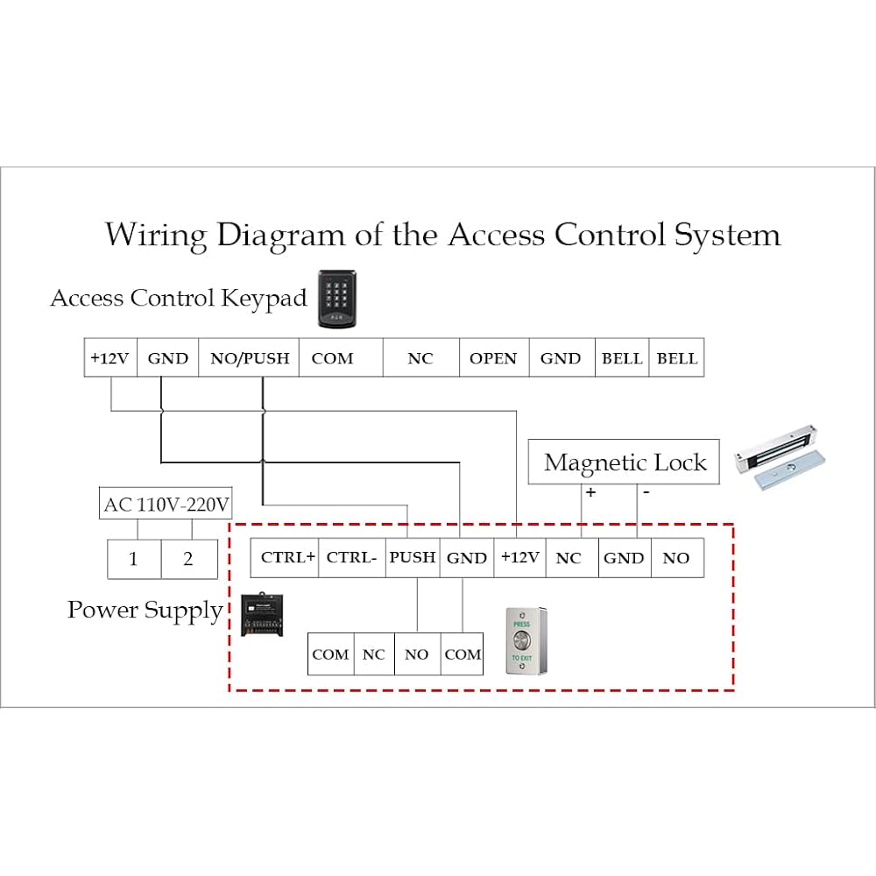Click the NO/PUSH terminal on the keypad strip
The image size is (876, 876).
coord(250,358)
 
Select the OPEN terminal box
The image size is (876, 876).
coord(493,358)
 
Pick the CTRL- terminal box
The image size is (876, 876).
coord(351,557)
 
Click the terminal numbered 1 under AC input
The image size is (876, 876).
coord(134,559)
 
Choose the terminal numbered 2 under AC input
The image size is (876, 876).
coord(188,559)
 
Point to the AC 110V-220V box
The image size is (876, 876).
coord(166,505)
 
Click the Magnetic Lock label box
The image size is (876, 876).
coord(624,463)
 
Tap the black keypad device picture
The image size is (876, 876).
coord(338,300)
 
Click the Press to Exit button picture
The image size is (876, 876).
coord(525,640)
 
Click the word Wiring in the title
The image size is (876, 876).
coord(156,235)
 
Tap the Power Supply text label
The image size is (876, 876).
coord(145,610)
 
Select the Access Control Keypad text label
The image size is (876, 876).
coord(179,298)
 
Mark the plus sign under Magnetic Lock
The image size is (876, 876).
coord(591,492)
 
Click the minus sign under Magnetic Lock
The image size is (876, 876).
coord(646,492)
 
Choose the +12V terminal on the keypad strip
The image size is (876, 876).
coord(110,358)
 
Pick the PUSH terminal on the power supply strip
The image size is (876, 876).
coord(413,557)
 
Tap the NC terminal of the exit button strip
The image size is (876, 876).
coord(374,654)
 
